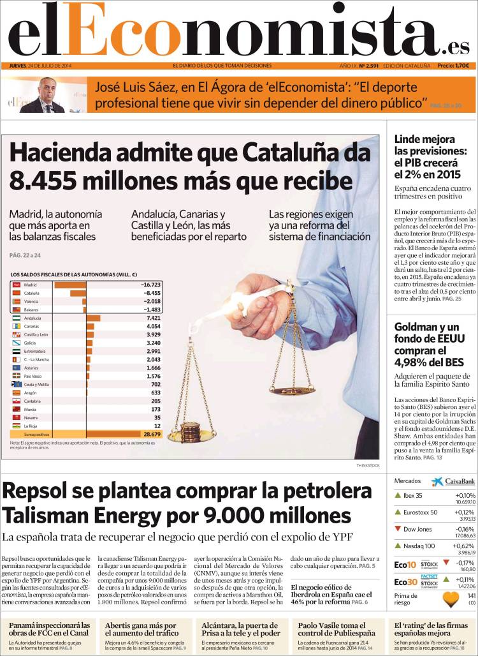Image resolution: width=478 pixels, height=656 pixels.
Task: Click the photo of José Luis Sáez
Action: click(x=43, y=95)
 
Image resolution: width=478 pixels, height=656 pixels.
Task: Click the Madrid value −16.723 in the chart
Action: click(x=150, y=285)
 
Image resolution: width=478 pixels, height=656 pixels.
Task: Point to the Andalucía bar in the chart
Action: click(x=93, y=318)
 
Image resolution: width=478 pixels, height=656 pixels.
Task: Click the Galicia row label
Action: click(x=31, y=343)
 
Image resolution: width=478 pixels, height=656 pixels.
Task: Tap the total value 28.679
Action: click(x=151, y=433)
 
